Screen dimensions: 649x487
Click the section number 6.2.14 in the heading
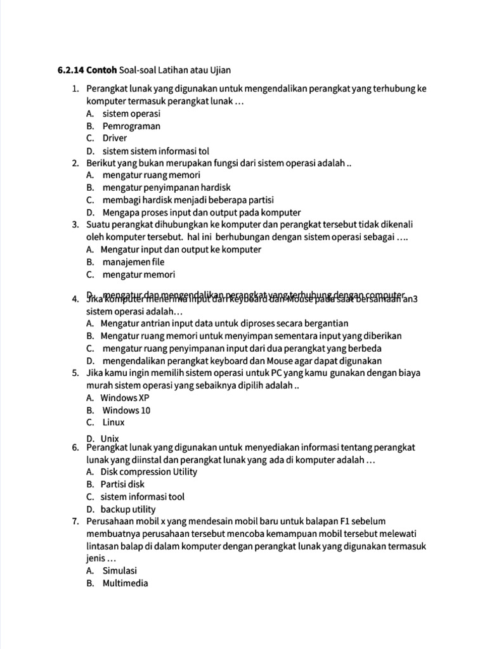(x=70, y=69)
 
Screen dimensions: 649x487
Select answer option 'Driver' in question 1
(x=115, y=138)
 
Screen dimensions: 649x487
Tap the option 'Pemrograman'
(x=131, y=126)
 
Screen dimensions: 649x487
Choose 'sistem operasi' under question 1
(x=131, y=113)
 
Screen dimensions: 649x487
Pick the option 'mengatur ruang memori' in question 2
(x=152, y=175)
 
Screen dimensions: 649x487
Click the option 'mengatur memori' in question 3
(x=139, y=274)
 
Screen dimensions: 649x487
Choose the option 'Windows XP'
(x=125, y=398)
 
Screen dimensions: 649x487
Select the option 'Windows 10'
(x=126, y=410)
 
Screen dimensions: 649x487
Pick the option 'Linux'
(x=114, y=422)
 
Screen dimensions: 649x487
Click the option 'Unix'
(x=110, y=438)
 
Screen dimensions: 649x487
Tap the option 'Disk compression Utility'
(x=149, y=472)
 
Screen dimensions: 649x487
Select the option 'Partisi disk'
(x=123, y=484)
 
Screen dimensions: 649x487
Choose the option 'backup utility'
(x=128, y=509)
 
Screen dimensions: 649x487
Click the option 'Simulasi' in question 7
(x=120, y=570)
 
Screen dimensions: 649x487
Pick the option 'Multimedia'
(x=125, y=583)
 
